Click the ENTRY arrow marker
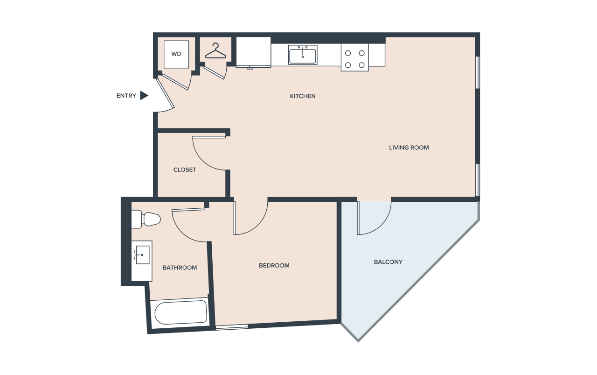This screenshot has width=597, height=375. (144, 96)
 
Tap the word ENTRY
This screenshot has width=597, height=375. (126, 96)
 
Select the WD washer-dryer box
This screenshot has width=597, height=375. (176, 54)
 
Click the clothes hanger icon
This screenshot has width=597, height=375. (215, 51)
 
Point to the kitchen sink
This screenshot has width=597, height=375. (303, 55)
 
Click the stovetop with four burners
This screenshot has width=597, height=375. (355, 57)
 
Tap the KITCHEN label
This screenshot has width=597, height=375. (303, 96)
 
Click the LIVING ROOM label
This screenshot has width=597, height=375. (409, 148)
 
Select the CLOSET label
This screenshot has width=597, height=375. (185, 170)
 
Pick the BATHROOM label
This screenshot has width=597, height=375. (180, 268)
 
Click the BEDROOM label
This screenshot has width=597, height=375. (274, 266)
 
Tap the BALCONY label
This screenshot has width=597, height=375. (388, 262)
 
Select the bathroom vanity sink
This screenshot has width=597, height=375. (142, 261)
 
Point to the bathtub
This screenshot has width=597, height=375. (180, 312)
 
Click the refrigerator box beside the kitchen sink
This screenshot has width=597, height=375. (253, 52)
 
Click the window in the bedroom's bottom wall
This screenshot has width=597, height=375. (232, 327)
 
